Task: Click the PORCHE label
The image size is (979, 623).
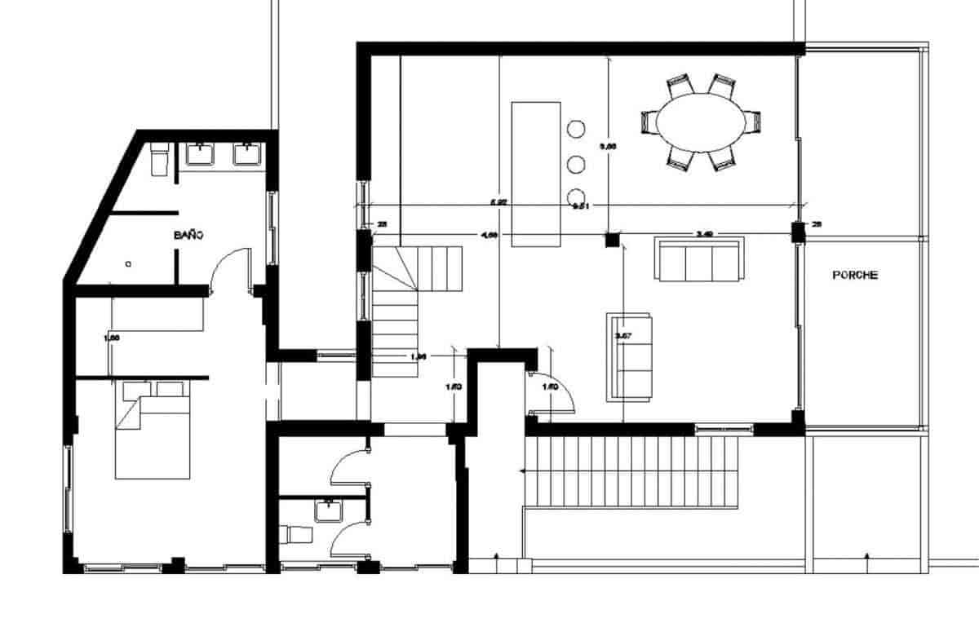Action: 855,276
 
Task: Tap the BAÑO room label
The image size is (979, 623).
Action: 188,235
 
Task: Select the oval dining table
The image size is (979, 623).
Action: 701,122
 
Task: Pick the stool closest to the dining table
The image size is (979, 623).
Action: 577,129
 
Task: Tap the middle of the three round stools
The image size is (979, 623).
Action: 577,163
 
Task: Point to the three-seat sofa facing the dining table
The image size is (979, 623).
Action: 700,260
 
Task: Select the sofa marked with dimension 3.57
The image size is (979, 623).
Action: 630,356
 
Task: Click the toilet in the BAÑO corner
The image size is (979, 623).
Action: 160,160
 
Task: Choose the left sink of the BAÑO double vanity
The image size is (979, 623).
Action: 200,154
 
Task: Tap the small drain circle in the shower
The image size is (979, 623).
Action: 128,263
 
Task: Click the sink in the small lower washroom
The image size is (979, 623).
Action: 329,510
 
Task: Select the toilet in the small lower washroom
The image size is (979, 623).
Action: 295,535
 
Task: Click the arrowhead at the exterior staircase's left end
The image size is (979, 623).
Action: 522,471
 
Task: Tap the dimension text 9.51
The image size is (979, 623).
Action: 582,206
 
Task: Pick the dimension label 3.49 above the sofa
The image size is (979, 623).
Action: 705,234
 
